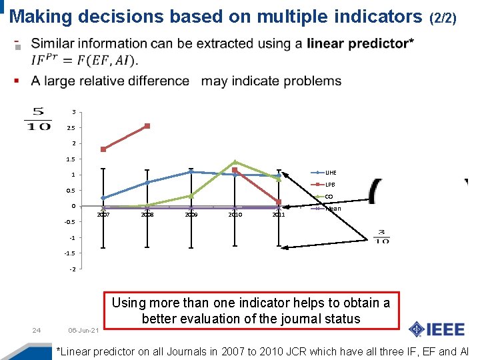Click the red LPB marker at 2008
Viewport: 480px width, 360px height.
pos(147,126)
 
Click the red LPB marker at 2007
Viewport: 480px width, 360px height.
pos(103,149)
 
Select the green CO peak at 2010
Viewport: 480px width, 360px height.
pos(235,162)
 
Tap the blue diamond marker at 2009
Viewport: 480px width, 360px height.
pos(191,172)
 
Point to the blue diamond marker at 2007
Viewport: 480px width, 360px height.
pos(103,198)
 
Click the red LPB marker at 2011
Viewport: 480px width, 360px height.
pos(279,202)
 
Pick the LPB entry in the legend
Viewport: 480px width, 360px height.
pos(329,185)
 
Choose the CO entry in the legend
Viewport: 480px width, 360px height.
pos(329,197)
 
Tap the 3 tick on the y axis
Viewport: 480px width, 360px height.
pos(73,112)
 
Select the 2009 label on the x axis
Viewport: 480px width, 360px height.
pos(191,215)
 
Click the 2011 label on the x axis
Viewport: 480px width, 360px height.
pos(279,215)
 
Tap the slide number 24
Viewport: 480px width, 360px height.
pos(37,330)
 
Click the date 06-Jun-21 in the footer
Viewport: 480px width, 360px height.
pos(83,331)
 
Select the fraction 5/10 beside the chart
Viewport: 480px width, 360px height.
pos(37,119)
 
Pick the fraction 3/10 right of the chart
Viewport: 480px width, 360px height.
pos(381,237)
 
